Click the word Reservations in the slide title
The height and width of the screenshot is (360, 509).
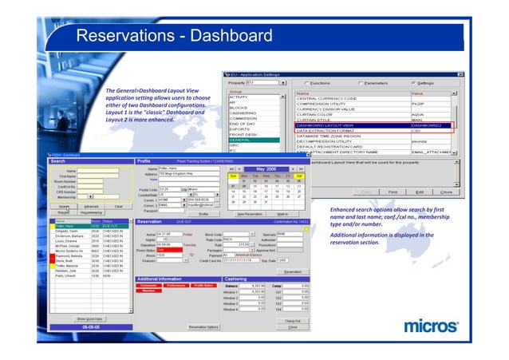(122, 37)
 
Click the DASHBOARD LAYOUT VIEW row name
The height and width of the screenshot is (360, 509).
(328, 125)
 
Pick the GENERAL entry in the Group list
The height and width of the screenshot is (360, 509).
(246, 140)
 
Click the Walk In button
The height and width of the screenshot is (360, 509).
(282, 214)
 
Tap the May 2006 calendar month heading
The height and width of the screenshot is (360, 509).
(266, 169)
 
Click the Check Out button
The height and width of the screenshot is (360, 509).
(292, 320)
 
